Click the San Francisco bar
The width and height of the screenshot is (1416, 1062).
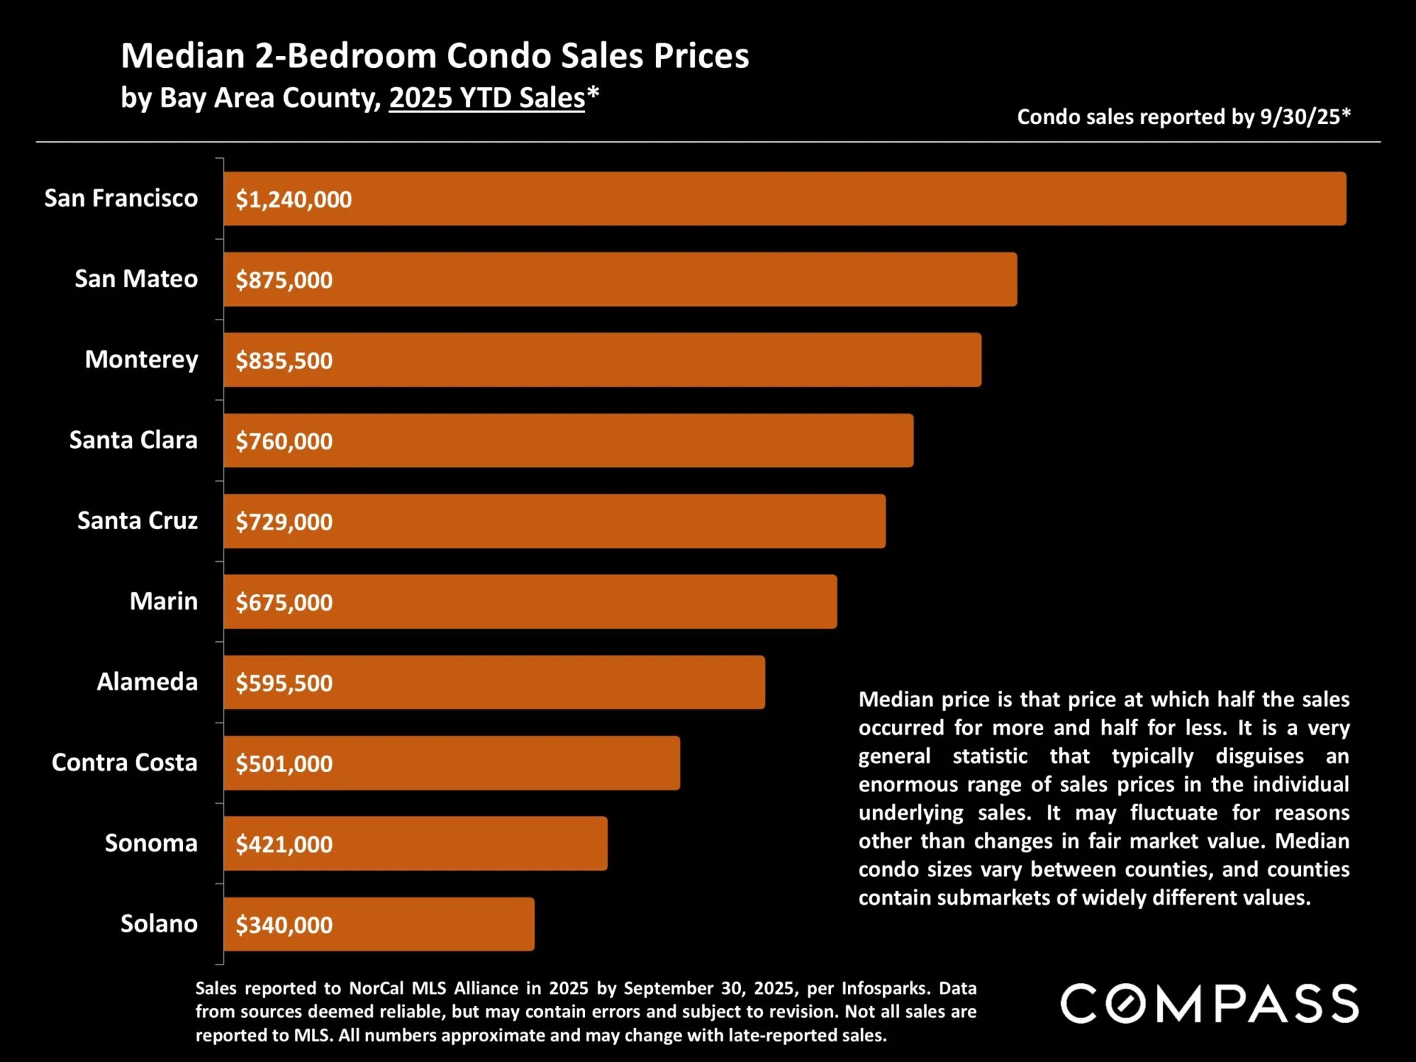click(784, 199)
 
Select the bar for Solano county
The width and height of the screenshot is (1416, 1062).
click(379, 924)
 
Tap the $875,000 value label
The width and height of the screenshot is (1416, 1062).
click(284, 280)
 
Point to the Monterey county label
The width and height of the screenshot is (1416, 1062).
click(141, 359)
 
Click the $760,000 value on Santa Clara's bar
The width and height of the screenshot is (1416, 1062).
click(284, 441)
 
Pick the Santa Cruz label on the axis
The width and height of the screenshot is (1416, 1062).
click(137, 520)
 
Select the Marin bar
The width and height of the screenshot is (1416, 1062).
click(530, 601)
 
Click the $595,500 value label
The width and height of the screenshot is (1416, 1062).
click(284, 683)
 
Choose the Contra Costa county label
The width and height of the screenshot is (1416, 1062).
click(124, 762)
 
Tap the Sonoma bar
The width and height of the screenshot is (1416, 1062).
click(415, 844)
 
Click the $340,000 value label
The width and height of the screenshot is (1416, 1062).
click(284, 925)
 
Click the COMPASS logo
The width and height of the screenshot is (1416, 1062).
click(1209, 1004)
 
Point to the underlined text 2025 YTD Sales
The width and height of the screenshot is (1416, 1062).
click(487, 98)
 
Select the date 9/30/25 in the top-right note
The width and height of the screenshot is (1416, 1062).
click(1300, 117)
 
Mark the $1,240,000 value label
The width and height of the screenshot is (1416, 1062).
click(294, 199)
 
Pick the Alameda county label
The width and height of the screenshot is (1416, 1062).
click(147, 682)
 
